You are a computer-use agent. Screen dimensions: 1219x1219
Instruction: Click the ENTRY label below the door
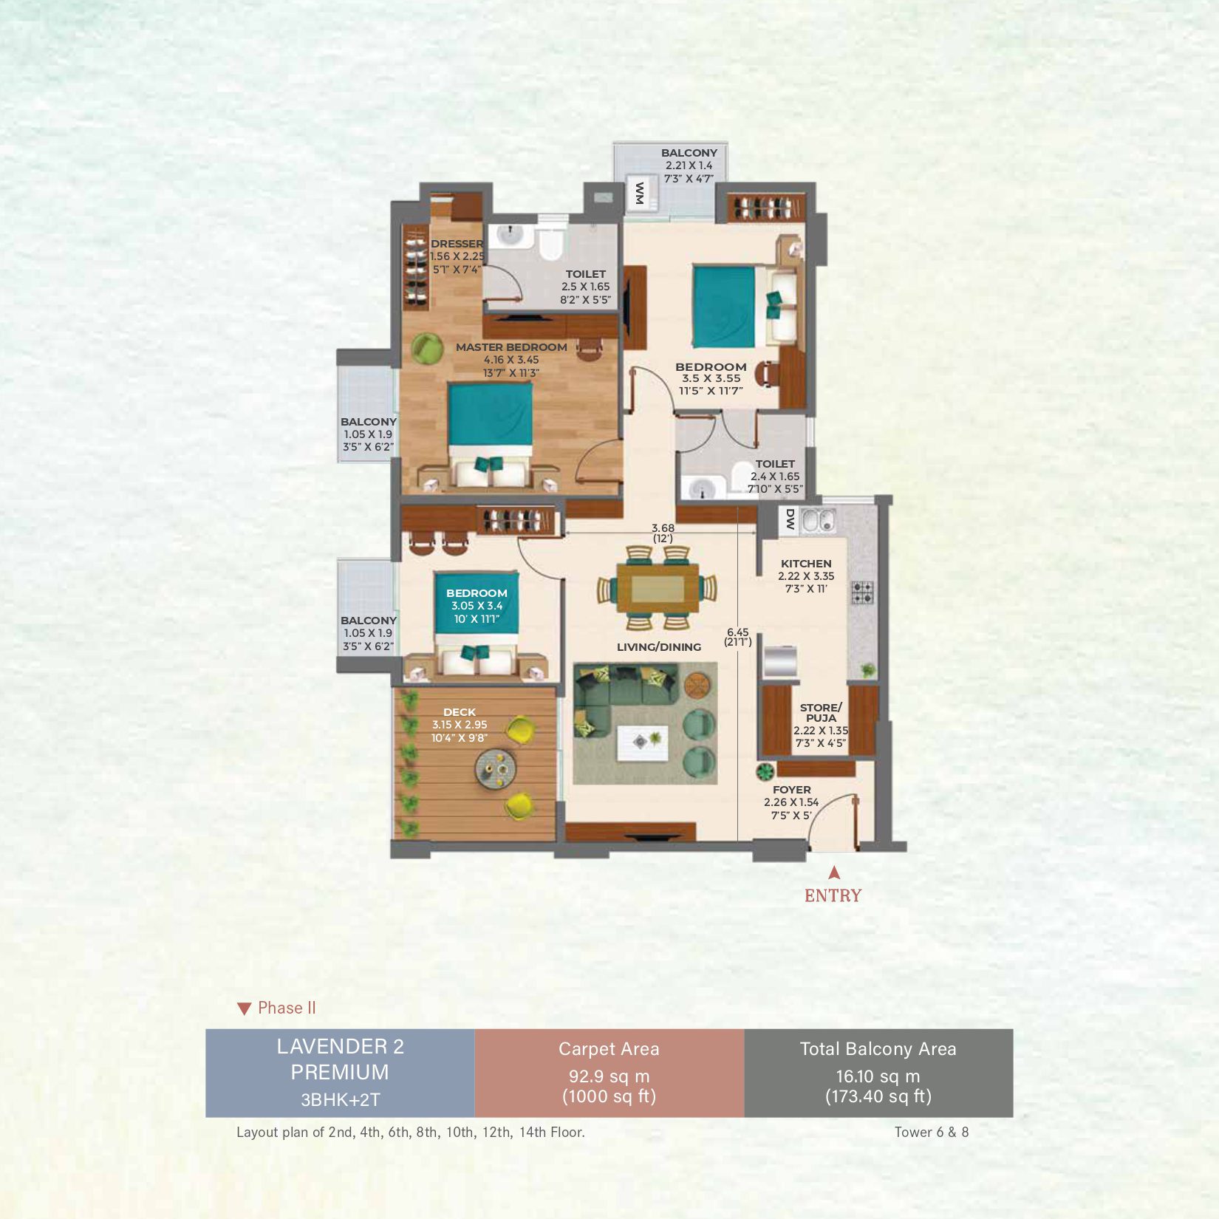click(833, 895)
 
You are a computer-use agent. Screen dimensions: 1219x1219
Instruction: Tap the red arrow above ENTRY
click(834, 873)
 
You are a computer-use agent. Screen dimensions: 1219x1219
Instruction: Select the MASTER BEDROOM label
click(511, 347)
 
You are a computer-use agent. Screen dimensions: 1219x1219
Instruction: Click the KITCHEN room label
click(806, 564)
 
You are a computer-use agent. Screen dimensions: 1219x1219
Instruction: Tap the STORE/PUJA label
click(821, 712)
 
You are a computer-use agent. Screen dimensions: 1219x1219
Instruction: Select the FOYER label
click(792, 790)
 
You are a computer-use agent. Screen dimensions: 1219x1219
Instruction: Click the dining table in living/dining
click(658, 588)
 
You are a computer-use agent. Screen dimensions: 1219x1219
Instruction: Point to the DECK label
click(460, 712)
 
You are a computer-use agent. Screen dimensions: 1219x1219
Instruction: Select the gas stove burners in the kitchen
click(862, 592)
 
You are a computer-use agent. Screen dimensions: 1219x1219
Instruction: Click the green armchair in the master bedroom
click(426, 348)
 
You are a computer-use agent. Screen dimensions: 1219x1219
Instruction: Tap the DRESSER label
click(457, 244)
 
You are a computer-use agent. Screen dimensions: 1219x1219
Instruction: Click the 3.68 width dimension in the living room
click(663, 528)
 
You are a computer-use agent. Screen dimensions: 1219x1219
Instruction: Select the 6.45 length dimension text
click(737, 632)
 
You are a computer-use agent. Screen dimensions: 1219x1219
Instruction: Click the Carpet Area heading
click(609, 1049)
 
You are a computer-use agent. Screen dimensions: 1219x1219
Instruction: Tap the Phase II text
click(287, 1008)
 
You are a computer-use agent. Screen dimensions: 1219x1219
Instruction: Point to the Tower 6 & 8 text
click(932, 1132)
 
